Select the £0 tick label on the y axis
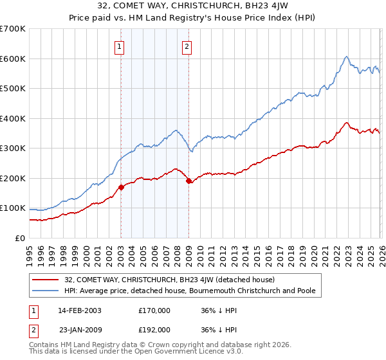pyautogui.click(x=20, y=238)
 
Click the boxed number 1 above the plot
pyautogui.click(x=120, y=46)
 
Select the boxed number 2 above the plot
pyautogui.click(x=187, y=46)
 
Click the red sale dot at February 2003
pyautogui.click(x=121, y=187)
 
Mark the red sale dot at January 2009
pyautogui.click(x=188, y=181)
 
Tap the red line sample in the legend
pyautogui.click(x=45, y=280)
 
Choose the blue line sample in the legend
pyautogui.click(x=45, y=291)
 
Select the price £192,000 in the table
pyautogui.click(x=154, y=329)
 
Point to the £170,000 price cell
pyautogui.click(x=154, y=310)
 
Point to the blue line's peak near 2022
pyautogui.click(x=346, y=57)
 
